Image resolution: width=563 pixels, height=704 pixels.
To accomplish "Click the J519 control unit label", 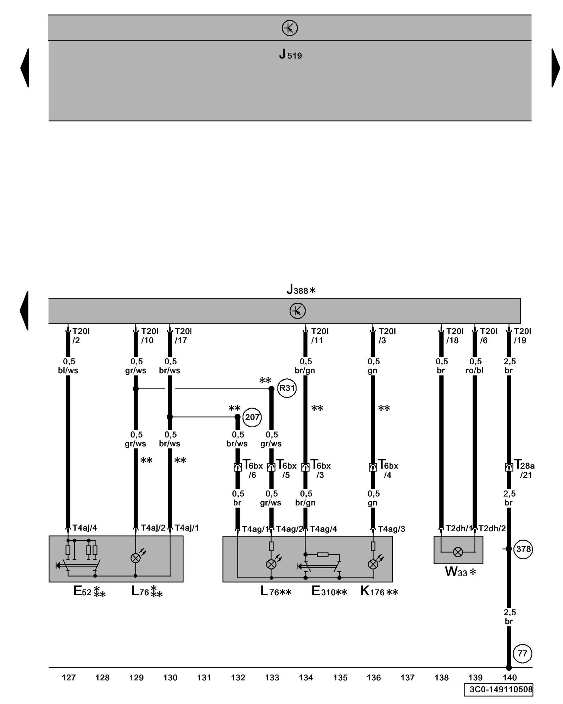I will (290, 55).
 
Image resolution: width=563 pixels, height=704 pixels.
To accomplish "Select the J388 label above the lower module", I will (301, 290).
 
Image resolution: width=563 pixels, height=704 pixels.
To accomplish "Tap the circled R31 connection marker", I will (287, 388).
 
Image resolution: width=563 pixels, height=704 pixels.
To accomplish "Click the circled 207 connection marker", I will (252, 417).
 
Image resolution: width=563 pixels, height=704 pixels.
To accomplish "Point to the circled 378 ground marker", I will (523, 549).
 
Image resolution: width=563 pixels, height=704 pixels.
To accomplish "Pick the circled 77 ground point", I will (523, 654).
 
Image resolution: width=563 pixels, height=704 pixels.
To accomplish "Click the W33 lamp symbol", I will (458, 552).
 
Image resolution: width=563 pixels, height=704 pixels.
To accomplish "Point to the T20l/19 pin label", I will (522, 336).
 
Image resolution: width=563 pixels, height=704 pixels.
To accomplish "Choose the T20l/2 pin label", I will (81, 336).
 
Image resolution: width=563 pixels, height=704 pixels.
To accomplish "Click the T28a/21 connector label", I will (524, 470).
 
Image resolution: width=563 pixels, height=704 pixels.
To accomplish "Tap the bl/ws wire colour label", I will (68, 371).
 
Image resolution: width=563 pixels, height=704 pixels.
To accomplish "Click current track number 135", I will (340, 678).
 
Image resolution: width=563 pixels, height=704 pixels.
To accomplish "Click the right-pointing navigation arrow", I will (556, 68).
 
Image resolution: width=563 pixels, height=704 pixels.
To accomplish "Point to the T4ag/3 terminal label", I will (392, 529).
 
